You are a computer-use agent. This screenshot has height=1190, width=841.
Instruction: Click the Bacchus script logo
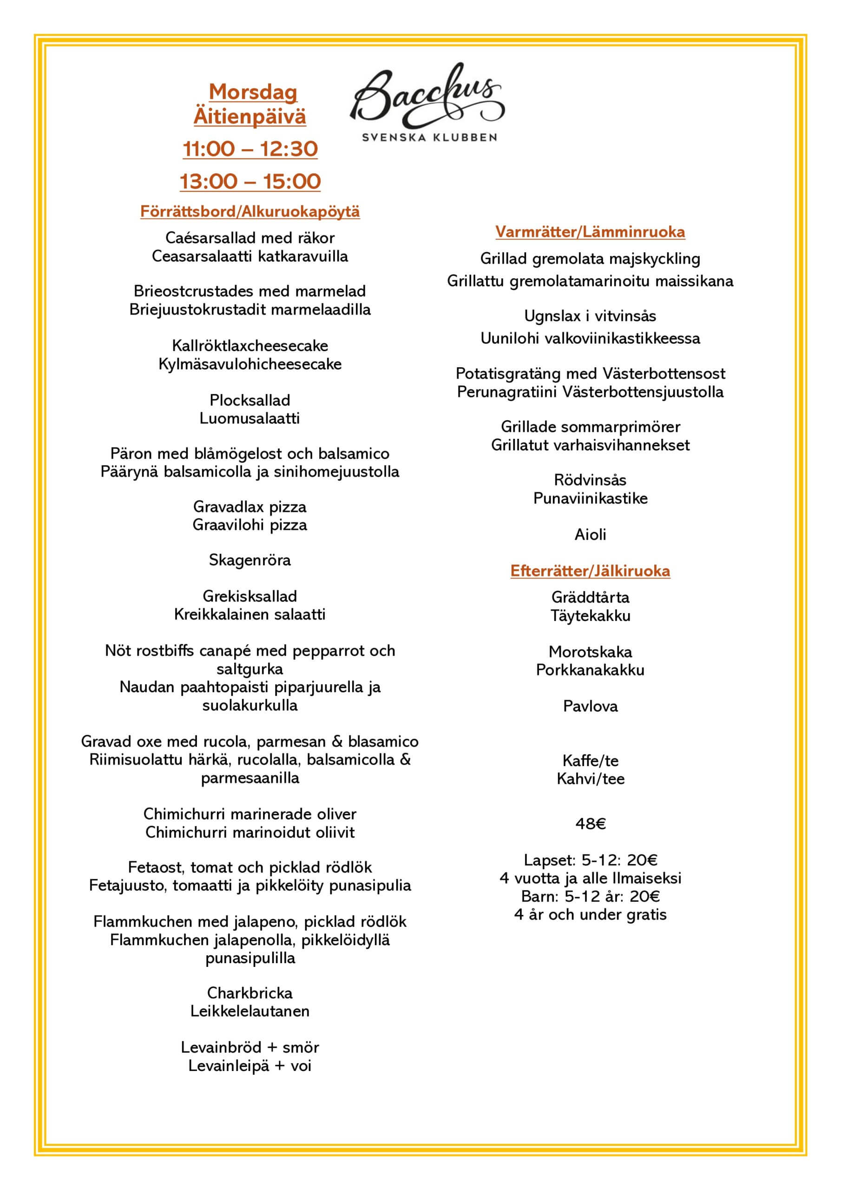[x=427, y=98]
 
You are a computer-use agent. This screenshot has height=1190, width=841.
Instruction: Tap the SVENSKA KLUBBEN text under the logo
[x=429, y=137]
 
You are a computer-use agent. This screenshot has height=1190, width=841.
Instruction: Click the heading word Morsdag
[x=253, y=92]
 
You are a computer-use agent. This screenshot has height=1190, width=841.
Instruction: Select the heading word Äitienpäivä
[x=250, y=116]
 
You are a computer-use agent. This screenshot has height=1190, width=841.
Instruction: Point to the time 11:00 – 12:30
[x=250, y=149]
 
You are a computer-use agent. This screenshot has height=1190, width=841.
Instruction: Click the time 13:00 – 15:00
[x=250, y=181]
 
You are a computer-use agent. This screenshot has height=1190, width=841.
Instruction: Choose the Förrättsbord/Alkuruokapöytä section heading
[x=250, y=212]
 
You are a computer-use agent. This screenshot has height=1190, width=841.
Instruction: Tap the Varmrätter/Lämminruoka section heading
[x=590, y=231]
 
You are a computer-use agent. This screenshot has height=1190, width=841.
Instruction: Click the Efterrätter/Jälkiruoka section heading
[x=590, y=571]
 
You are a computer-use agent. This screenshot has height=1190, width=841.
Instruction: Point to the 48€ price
[x=590, y=824]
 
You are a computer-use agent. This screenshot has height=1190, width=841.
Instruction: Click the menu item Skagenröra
[x=250, y=560]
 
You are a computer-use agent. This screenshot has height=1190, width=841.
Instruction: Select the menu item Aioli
[x=590, y=535]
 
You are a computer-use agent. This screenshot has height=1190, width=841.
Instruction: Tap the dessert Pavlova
[x=590, y=706]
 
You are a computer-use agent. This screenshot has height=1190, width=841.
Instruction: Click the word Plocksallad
[x=250, y=400]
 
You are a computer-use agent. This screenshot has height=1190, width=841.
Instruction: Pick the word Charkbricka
[x=250, y=992]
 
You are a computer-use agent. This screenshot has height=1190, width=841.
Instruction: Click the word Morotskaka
[x=590, y=652]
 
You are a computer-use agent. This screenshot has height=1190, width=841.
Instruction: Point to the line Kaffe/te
[x=590, y=760]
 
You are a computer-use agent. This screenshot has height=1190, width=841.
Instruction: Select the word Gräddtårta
[x=590, y=597]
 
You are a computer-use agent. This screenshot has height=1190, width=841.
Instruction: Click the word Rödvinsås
[x=590, y=480]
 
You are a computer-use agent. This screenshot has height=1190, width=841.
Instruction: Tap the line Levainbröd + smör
[x=250, y=1047]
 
